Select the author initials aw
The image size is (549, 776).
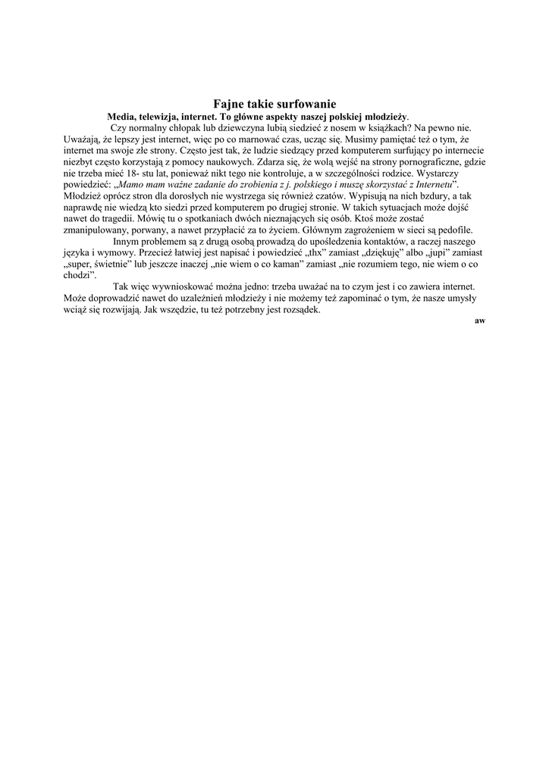[x=479, y=321]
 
